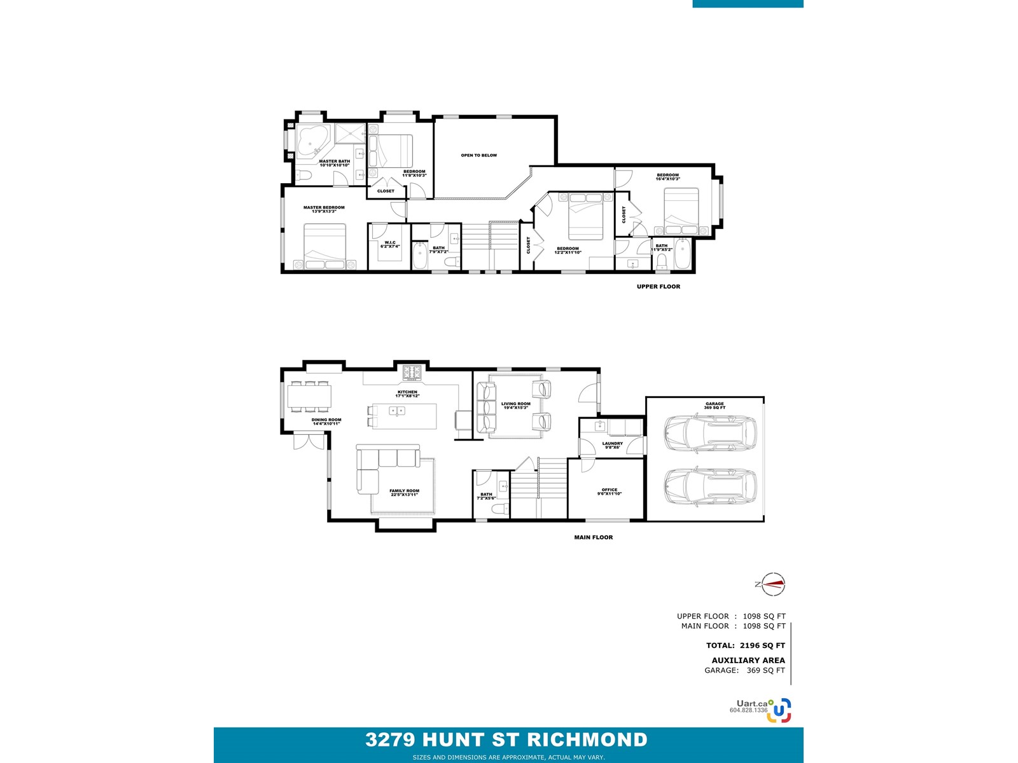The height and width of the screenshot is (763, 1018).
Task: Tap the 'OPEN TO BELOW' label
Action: [478, 155]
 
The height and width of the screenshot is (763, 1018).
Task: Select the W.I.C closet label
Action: [390, 244]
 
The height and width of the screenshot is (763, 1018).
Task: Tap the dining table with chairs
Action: [309, 397]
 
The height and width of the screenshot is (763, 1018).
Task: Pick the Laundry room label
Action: [612, 445]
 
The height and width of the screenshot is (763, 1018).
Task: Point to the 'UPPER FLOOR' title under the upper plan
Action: [658, 287]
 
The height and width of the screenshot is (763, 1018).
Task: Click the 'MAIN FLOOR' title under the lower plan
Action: [593, 537]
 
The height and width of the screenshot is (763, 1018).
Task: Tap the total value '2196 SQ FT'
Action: [762, 645]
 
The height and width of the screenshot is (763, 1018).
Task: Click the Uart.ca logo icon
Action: [779, 710]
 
